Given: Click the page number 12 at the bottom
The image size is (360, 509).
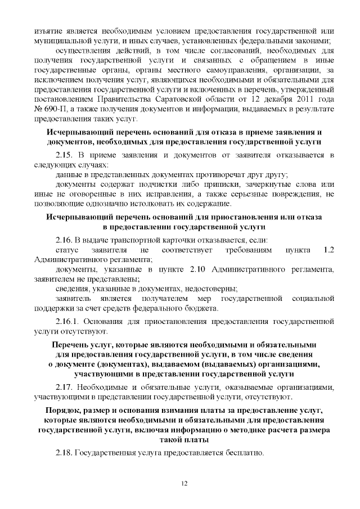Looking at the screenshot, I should tap(183, 484).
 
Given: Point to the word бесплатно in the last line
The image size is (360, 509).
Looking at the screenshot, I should tap(244, 452).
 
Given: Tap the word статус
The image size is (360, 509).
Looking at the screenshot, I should tap(69, 249).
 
